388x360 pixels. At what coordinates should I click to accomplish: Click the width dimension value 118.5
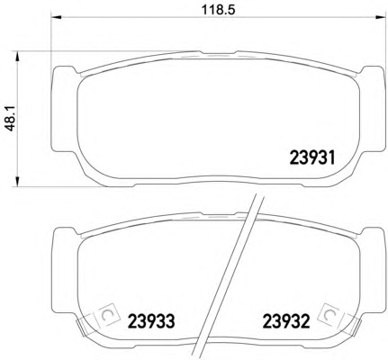pyautogui.click(x=218, y=9)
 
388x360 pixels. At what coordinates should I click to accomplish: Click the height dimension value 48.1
pyautogui.click(x=11, y=120)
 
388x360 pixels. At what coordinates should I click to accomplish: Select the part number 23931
pyautogui.click(x=312, y=157)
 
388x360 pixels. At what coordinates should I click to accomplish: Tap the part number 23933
pyautogui.click(x=151, y=321)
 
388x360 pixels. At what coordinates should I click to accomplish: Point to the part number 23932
pyautogui.click(x=285, y=321)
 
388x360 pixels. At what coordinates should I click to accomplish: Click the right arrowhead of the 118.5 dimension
pyautogui.click(x=380, y=17)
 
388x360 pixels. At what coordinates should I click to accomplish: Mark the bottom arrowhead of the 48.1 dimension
pyautogui.click(x=17, y=181)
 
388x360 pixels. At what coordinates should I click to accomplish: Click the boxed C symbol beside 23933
pyautogui.click(x=106, y=315)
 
